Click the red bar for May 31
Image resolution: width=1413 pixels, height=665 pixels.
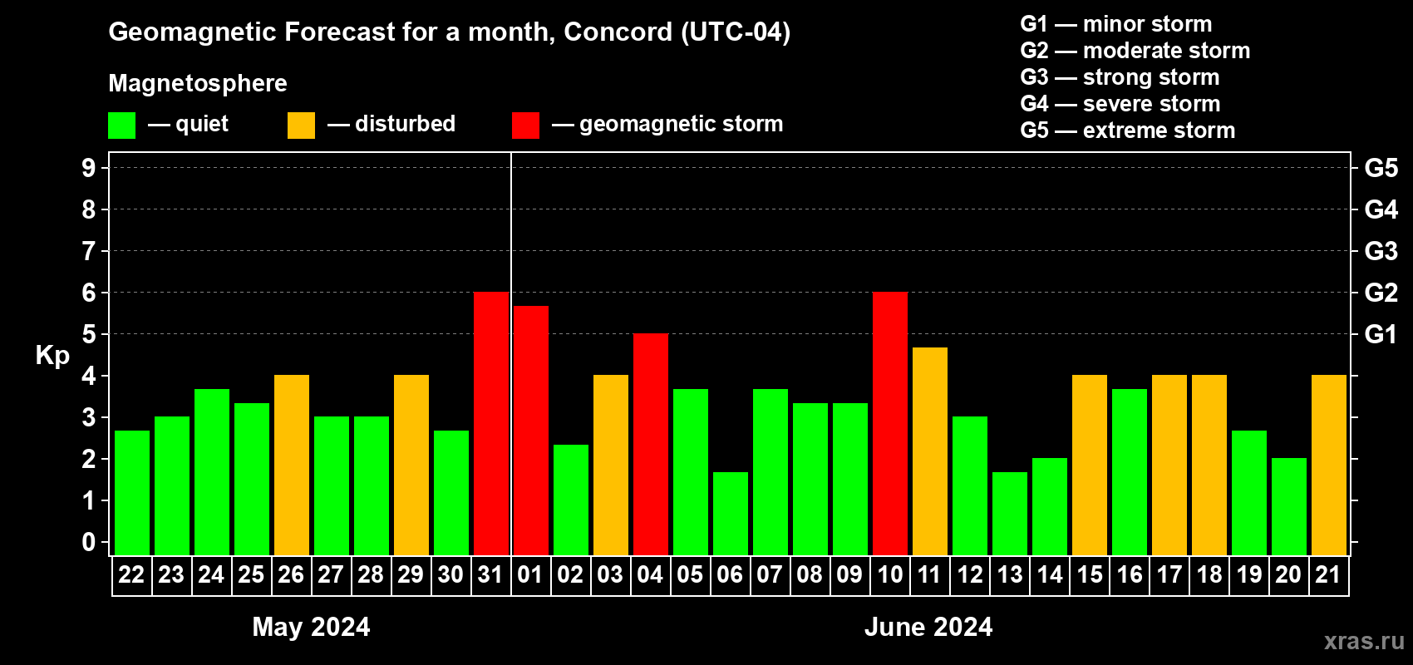pos(491,423)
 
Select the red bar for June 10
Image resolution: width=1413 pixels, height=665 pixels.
pos(890,423)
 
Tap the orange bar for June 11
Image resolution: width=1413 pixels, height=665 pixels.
pos(930,451)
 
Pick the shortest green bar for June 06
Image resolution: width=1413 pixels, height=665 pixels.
pos(731,514)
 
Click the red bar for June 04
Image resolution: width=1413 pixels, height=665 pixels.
pos(651,444)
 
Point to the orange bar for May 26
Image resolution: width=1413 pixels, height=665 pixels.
pos(292,465)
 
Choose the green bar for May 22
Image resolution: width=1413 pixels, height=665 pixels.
pos(132,493)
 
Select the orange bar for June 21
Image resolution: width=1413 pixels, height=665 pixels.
pos(1329,465)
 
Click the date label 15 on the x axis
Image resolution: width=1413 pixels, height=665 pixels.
pos(1090,574)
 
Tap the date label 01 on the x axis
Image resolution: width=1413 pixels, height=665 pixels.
pos(530,574)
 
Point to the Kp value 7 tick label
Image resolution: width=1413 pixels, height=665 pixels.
pos(88,251)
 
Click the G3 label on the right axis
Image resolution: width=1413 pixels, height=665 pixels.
pos(1381,251)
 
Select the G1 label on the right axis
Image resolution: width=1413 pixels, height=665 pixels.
pos(1381,334)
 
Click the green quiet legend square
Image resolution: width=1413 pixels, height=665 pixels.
pos(121,125)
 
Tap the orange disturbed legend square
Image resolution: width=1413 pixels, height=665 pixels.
pos(301,125)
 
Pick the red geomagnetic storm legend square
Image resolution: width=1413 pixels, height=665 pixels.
pos(526,125)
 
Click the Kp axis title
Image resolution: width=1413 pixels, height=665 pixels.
pos(52,356)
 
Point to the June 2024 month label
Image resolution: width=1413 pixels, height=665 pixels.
pos(928,627)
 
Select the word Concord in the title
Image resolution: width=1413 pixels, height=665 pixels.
pos(618,32)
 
